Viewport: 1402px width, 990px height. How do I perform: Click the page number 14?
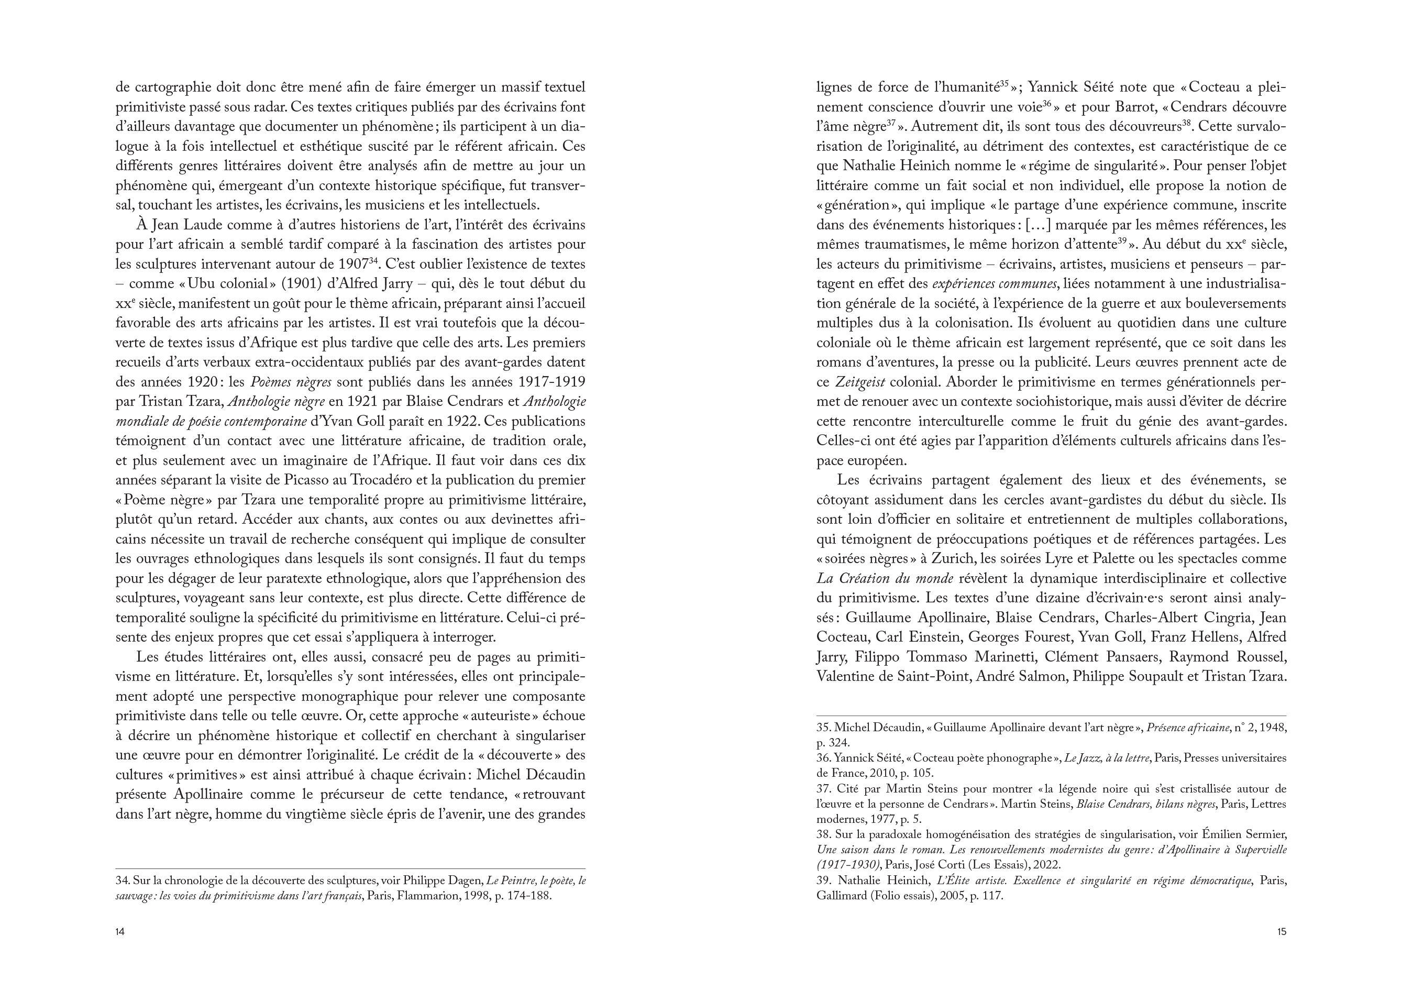click(120, 931)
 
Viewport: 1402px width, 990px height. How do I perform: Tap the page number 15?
click(1281, 931)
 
